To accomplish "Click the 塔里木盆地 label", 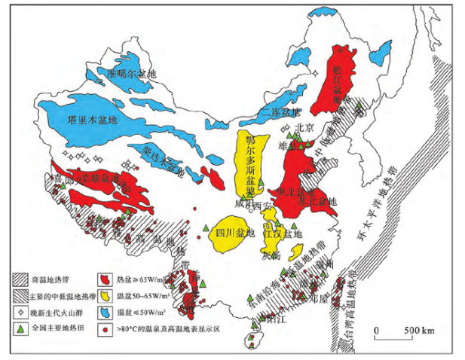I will pyautogui.click(x=88, y=120).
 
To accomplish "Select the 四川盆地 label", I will pyautogui.click(x=230, y=233).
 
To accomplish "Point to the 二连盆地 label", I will pyautogui.click(x=280, y=113).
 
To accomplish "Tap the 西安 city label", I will pyautogui.click(x=262, y=204).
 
